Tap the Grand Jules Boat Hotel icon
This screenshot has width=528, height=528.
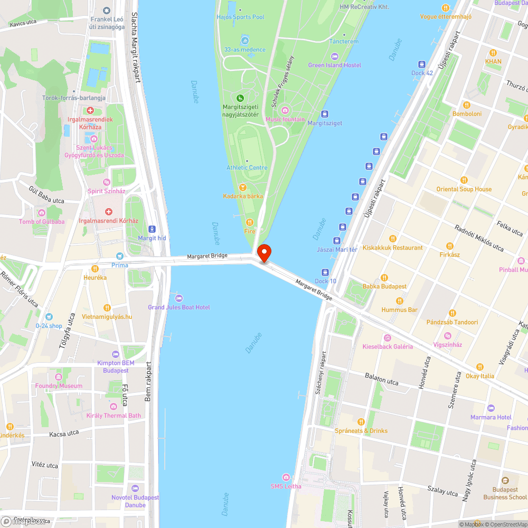[x=178, y=298]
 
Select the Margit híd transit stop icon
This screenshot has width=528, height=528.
[x=152, y=229]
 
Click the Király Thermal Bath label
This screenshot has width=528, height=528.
[x=114, y=416]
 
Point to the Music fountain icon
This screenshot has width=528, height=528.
[x=285, y=110]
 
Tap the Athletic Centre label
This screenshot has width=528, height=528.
[x=247, y=168]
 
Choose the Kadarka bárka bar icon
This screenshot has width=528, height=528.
[x=242, y=187]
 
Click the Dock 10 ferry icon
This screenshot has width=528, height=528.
[x=325, y=272]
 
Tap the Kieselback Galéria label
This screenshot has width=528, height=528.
[x=388, y=346]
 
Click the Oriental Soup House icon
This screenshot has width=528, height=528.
[x=464, y=180]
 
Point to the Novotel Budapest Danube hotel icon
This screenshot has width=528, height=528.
[x=135, y=488]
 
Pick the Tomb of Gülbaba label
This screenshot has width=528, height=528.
[x=42, y=222]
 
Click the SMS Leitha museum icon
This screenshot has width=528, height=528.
[x=286, y=477]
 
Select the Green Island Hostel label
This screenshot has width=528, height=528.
[x=335, y=65]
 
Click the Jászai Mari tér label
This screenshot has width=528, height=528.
[x=337, y=249]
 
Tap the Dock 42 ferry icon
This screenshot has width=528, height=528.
[x=422, y=64]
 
